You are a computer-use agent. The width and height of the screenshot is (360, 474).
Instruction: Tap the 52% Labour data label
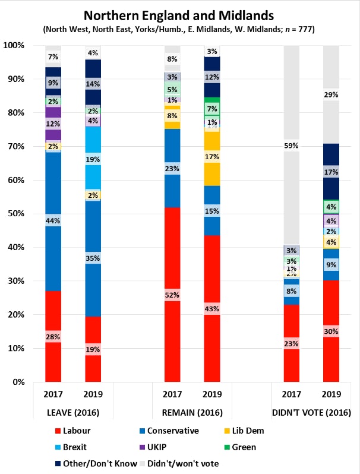tap(172, 295)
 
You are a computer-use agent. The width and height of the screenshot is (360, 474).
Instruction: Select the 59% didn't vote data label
tap(291, 145)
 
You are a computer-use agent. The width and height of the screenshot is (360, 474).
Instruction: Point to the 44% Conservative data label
tap(53, 220)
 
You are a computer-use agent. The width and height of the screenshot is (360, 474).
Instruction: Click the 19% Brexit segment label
tap(93, 159)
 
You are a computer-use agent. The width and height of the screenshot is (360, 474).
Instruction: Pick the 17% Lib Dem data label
tap(212, 157)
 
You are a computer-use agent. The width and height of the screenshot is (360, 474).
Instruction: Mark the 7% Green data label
tap(212, 109)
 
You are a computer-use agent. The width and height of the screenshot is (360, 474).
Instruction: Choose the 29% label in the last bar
tap(331, 94)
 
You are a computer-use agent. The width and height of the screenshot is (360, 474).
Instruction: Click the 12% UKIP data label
tap(53, 124)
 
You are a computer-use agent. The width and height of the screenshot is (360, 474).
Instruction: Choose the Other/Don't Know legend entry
tap(95, 463)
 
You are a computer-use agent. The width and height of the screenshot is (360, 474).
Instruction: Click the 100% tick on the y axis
tap(14, 45)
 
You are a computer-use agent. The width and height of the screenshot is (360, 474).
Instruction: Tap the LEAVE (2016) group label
tap(73, 413)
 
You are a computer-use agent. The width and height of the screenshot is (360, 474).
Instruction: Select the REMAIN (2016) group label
tap(192, 413)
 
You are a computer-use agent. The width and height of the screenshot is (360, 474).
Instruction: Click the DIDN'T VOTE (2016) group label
tap(311, 413)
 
